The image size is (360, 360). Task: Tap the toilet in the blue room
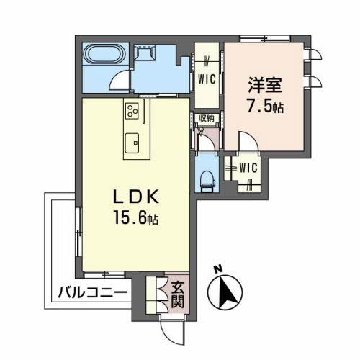point(207,179)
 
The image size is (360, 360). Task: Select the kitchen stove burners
point(132,111)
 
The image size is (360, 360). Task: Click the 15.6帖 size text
point(136,217)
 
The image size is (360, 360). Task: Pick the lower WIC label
point(248,168)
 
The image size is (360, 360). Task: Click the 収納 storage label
point(207,119)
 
